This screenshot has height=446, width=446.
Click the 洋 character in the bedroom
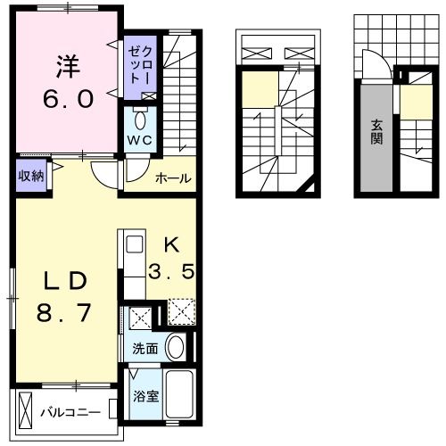(68, 66)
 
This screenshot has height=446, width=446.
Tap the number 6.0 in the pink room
(69, 99)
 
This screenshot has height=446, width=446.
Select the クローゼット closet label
(140, 64)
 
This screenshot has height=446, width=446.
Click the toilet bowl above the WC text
(139, 120)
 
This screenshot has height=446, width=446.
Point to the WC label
(140, 140)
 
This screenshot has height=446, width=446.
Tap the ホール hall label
(173, 178)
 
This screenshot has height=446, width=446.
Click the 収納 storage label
(31, 177)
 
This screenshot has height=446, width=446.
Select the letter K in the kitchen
(172, 245)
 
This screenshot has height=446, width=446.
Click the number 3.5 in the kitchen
(171, 271)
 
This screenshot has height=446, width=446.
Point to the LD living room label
(65, 281)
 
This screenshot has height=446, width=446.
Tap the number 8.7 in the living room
(63, 313)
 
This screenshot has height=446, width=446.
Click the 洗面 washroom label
(145, 349)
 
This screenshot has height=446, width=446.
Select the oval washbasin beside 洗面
(175, 347)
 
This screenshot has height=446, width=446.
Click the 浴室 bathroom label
(145, 396)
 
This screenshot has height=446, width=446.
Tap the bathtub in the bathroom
(179, 394)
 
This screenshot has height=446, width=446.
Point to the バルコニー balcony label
(70, 413)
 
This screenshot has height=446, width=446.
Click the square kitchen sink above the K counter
(135, 244)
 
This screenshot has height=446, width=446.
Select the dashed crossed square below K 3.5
(181, 311)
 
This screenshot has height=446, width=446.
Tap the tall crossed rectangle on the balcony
(25, 410)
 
